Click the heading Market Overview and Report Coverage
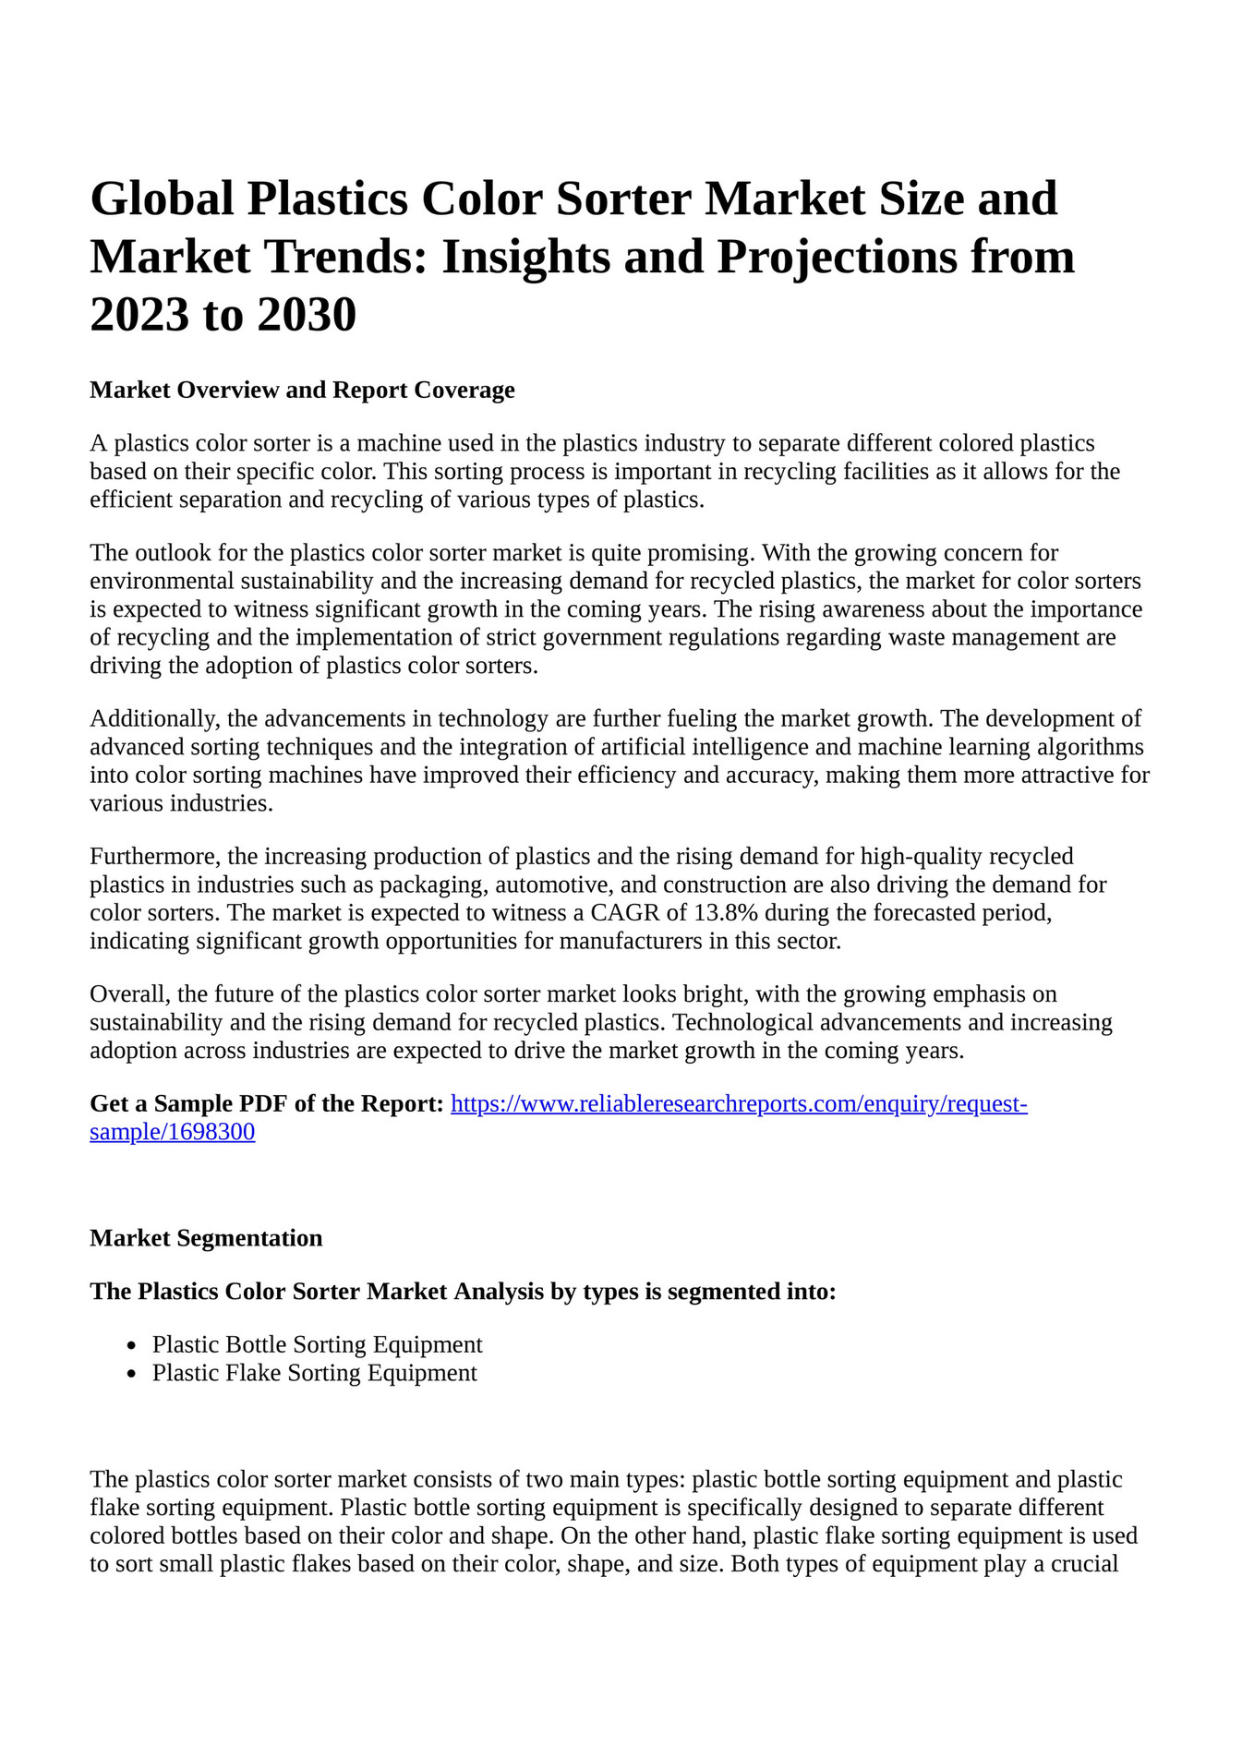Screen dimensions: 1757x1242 coord(302,390)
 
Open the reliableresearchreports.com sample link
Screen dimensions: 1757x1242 coord(739,1103)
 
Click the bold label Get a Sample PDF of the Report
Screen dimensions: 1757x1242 coord(267,1103)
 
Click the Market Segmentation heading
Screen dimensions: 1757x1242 coord(206,1238)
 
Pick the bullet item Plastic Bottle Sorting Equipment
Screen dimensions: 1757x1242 coord(318,1344)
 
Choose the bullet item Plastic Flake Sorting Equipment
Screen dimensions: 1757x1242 coord(315,1373)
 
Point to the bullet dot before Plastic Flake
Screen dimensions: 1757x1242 coord(133,1374)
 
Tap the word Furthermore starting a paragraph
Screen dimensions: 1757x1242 coord(153,857)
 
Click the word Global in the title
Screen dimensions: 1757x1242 coord(162,199)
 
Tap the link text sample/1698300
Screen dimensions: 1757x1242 coord(173,1132)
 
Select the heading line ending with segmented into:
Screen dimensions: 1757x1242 coord(463,1291)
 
